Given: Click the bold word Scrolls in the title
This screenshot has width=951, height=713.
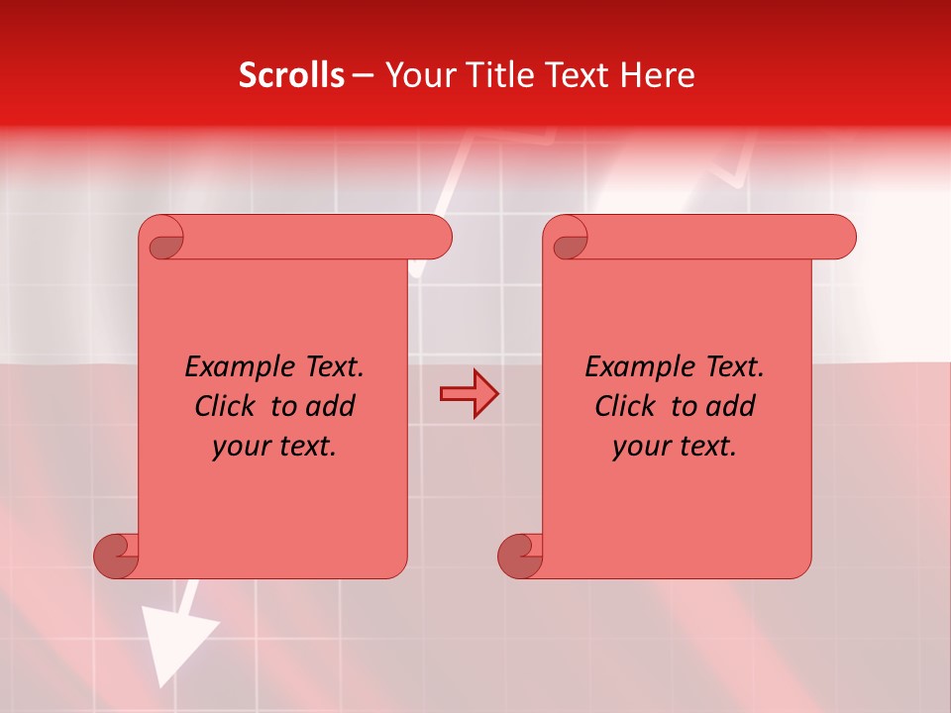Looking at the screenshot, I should pyautogui.click(x=291, y=75).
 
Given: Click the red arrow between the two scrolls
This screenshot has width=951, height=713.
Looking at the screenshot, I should pyautogui.click(x=469, y=394).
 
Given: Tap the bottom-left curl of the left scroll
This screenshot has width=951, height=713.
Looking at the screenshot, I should pyautogui.click(x=116, y=555).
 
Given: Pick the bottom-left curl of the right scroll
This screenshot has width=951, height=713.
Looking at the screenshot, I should pyautogui.click(x=520, y=555).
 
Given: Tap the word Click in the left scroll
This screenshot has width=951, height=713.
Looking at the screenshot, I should pyautogui.click(x=227, y=406).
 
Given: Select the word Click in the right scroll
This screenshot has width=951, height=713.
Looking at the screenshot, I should pyautogui.click(x=627, y=406).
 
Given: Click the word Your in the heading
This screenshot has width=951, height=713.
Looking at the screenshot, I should pyautogui.click(x=415, y=75).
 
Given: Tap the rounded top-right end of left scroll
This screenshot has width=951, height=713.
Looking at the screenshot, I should pyautogui.click(x=436, y=238).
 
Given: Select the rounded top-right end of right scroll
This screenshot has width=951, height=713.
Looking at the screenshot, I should pyautogui.click(x=840, y=238).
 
